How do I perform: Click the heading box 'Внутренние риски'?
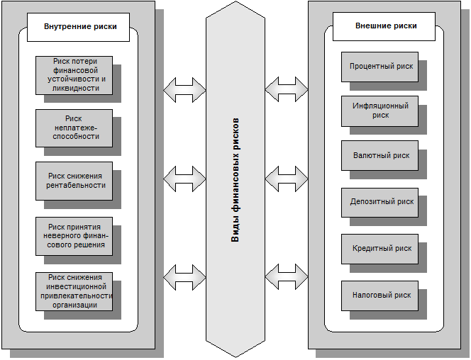coord(79,27)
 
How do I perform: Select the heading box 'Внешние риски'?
coord(384,26)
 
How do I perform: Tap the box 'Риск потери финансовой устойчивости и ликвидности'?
coord(74,75)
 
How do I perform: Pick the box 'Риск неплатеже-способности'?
coord(74,128)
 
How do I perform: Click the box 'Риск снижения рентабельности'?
coord(74,181)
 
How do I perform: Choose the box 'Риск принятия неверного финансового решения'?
coord(74,237)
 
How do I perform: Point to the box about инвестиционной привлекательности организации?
coord(74,291)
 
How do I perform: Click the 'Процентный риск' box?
coord(379,67)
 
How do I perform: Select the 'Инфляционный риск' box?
coord(379,111)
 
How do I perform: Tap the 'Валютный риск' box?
coord(379,156)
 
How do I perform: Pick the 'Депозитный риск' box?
coord(379,203)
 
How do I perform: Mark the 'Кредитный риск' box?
coord(379,249)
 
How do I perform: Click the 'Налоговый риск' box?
coord(379,296)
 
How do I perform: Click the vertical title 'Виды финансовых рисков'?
coord(236,180)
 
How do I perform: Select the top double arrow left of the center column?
coord(184,90)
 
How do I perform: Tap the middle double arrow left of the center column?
coord(184,179)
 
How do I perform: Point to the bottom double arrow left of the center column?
coord(184,278)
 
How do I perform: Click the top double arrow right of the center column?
coord(287,89)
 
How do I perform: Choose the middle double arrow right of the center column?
coord(287,179)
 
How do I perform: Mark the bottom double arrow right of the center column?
coord(287,276)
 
